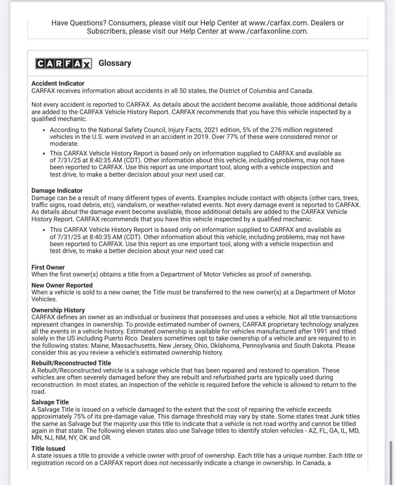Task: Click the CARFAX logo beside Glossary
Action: [x=63, y=63]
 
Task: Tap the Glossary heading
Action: [x=115, y=63]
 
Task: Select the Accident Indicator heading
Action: [x=58, y=84]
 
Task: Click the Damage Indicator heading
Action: [x=57, y=190]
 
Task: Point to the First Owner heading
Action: [x=48, y=268]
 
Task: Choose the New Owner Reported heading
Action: [x=62, y=285]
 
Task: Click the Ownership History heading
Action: [x=58, y=310]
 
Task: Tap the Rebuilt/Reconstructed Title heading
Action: [x=71, y=363]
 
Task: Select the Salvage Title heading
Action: [x=50, y=402]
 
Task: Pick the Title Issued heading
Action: [x=48, y=449]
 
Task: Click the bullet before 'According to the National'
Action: [x=44, y=130]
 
